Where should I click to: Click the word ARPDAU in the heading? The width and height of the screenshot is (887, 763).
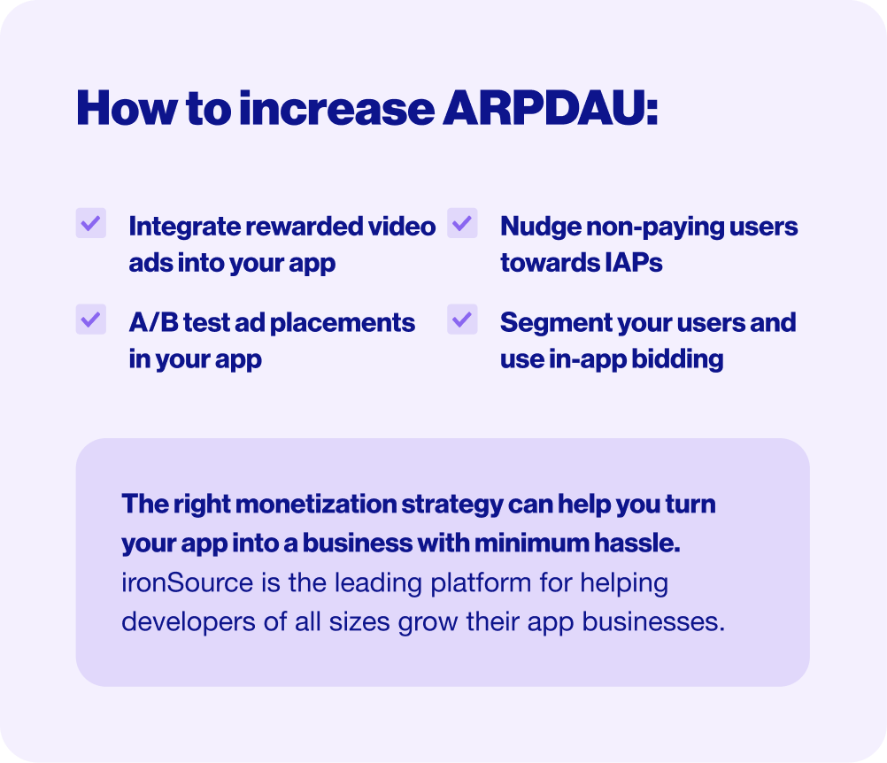(x=550, y=107)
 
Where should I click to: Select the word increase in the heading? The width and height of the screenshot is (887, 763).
(x=336, y=107)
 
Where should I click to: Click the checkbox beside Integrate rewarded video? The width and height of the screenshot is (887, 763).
(x=91, y=223)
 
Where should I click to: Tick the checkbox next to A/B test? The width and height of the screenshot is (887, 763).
(x=91, y=319)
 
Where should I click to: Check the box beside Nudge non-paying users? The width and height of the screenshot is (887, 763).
(x=462, y=223)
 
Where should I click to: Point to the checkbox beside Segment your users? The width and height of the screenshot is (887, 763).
(x=462, y=319)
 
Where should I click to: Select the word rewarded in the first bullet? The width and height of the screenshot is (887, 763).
(x=305, y=227)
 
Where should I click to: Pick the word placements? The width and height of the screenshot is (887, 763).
(x=343, y=323)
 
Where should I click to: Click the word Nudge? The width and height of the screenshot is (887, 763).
(x=540, y=227)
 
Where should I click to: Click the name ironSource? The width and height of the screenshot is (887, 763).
(x=188, y=582)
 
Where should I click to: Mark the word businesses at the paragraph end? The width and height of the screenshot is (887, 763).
(x=653, y=621)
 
